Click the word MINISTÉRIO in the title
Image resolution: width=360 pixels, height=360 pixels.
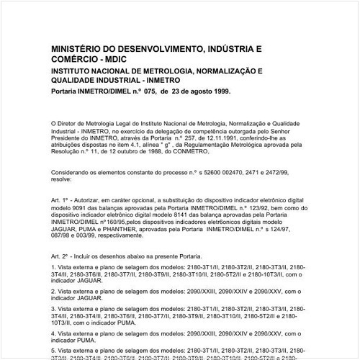click(76, 48)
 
